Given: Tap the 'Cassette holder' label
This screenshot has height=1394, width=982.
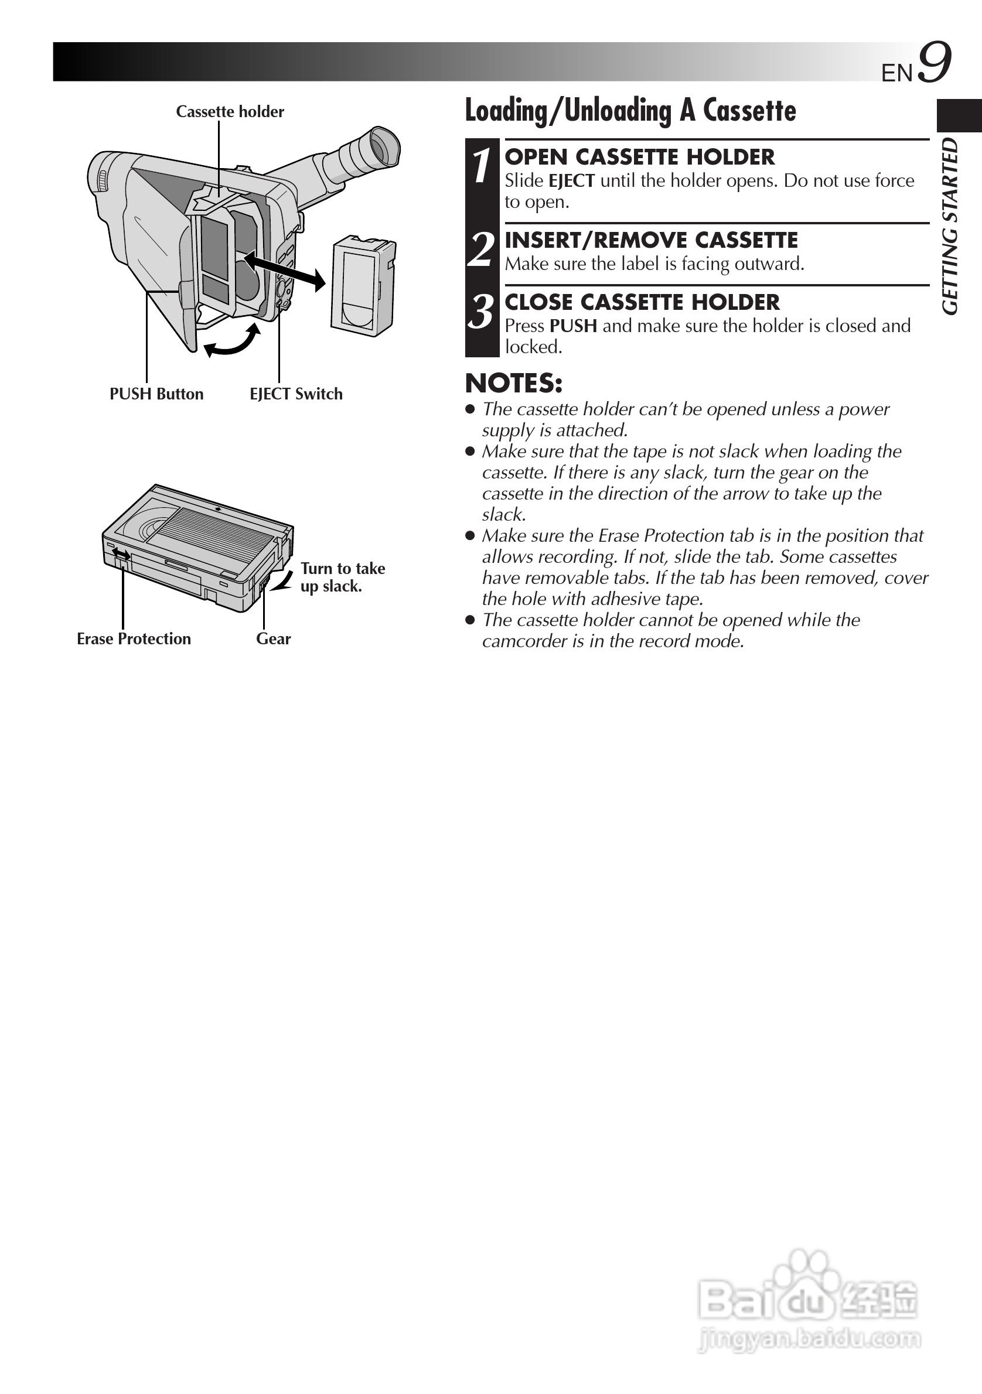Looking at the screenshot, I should pos(230,112).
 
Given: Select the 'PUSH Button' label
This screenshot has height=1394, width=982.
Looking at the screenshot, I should pos(156,394).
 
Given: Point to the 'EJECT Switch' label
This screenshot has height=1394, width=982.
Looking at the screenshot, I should pos(296,394).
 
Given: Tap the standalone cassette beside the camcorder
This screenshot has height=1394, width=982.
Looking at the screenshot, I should pos(362,284).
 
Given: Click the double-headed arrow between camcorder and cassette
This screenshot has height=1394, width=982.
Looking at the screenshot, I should pos(284,271).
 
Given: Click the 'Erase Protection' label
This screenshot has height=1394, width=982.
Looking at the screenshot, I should pos(134,638).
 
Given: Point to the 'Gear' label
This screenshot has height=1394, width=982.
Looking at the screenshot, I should pos(273,638).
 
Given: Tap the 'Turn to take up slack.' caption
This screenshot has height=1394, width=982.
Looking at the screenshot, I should pos(342,578).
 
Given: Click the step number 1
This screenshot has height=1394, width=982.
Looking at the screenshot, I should pos(482,166).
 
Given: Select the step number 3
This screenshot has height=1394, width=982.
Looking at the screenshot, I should pos(482,312).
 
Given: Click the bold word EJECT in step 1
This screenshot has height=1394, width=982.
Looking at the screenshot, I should pos(571,181).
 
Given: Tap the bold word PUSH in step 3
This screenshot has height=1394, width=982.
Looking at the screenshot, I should pos(572,326).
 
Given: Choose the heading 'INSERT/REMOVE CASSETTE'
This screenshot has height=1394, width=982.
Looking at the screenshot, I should pos(651,240).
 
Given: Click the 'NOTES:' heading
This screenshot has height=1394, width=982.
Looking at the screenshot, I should pos(514,383).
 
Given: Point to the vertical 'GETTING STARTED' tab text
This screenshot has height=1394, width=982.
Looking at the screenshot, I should pos(950,227).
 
